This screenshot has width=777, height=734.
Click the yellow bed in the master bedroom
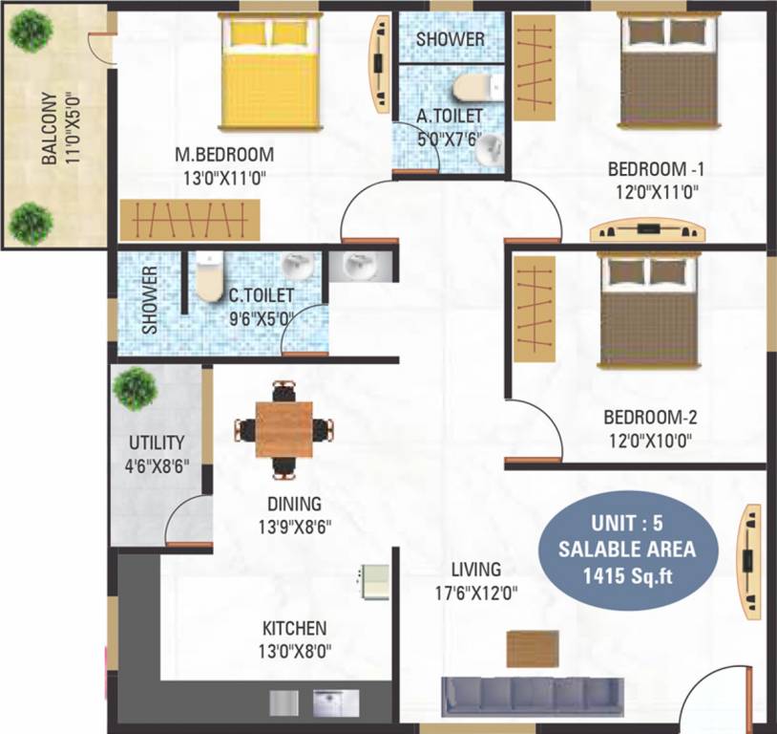pos(270,72)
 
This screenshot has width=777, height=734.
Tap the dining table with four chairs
pos(283,430)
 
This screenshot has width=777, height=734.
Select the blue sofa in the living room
pos(533,697)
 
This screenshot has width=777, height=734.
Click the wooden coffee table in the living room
pos(533,649)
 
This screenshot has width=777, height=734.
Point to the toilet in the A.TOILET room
pos(478,88)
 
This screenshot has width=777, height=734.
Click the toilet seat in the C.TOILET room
pos(210,277)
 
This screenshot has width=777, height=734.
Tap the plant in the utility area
pos(136,389)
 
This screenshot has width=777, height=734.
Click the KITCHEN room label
pos(294,628)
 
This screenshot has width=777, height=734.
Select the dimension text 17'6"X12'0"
pos(476,593)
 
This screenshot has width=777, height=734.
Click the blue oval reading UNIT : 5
pos(627,549)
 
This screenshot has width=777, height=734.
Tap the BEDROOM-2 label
pos(650,418)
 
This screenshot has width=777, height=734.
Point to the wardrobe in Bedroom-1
pos(535,68)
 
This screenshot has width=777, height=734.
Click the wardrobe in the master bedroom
pos(190,221)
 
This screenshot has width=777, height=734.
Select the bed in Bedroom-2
pos(650,311)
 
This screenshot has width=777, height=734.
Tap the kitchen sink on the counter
pos(335,703)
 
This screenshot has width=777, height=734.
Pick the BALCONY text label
pos(49,128)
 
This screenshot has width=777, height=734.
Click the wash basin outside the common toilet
pos(360,267)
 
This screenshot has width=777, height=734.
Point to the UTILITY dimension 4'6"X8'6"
pos(157,467)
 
